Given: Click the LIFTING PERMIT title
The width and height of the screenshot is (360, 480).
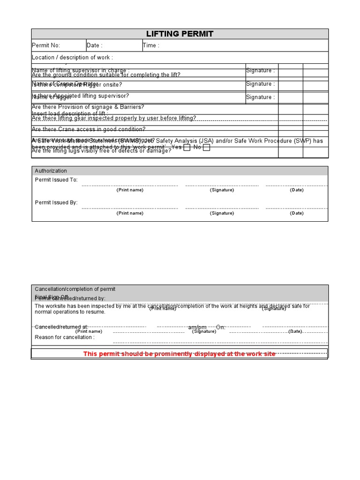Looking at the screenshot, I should [180, 34].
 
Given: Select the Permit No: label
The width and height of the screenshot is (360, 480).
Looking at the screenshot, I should [46, 45].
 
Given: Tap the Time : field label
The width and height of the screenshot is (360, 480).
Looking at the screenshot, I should [151, 45].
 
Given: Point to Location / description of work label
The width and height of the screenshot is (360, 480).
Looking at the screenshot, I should [72, 57].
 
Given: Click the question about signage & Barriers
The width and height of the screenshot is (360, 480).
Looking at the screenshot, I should [88, 107].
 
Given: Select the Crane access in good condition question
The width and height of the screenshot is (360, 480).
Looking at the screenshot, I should [89, 129].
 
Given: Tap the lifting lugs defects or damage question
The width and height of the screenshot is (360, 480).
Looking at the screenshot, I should [101, 151].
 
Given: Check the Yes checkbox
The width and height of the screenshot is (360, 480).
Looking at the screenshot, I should [187, 148].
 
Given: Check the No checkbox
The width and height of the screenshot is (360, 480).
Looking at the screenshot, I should [206, 148].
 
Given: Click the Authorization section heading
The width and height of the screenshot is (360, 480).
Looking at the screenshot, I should [51, 171].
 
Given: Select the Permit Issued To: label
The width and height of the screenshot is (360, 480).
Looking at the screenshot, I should [56, 180].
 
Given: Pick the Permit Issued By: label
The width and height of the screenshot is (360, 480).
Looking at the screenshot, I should [56, 202].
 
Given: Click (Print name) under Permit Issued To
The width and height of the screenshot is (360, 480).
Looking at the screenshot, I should [130, 190].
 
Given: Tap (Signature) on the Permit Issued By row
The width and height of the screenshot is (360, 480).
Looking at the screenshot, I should [222, 213].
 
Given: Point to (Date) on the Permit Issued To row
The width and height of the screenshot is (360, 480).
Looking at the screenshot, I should [297, 190].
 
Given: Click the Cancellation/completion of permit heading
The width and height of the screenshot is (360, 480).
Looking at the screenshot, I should [75, 289].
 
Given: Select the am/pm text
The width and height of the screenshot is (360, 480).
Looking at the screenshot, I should [197, 327].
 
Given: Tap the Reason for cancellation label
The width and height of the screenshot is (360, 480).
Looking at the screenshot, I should [65, 337].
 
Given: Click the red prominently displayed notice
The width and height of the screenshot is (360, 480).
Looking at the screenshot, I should [180, 354].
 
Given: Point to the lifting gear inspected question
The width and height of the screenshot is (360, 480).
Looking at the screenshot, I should [114, 118].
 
